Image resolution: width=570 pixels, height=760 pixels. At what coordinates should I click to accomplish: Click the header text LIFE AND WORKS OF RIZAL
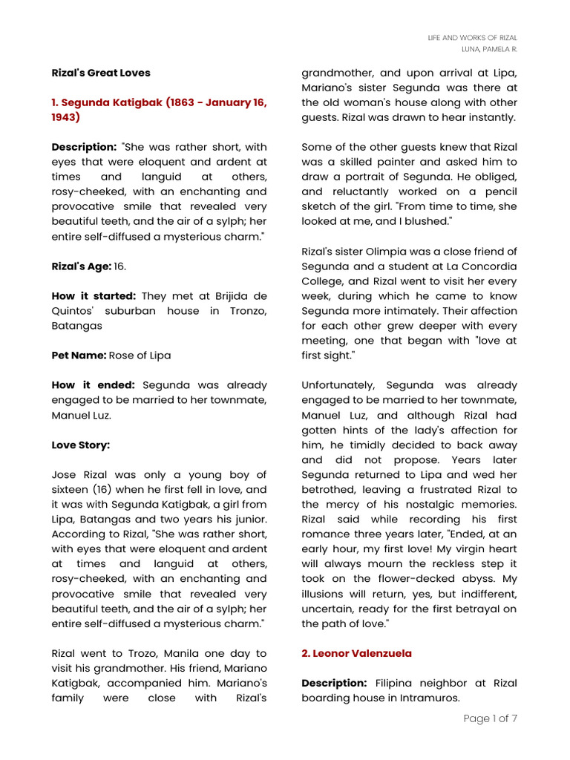[x=473, y=37]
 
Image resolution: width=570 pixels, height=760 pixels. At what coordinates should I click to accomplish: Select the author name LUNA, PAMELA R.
[x=489, y=49]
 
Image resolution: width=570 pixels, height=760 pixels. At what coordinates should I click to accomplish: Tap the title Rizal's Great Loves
[x=101, y=73]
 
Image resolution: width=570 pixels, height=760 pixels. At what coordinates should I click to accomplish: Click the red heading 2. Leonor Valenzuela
[x=356, y=653]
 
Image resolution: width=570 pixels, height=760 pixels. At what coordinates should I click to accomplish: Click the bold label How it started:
[x=94, y=295]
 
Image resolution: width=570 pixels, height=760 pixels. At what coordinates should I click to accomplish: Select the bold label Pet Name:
[x=79, y=355]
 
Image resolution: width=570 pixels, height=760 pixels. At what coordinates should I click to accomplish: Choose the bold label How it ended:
[x=94, y=385]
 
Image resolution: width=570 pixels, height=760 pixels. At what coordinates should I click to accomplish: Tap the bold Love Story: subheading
[x=81, y=445]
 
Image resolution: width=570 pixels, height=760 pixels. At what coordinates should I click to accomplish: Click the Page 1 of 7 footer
[x=490, y=718]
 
